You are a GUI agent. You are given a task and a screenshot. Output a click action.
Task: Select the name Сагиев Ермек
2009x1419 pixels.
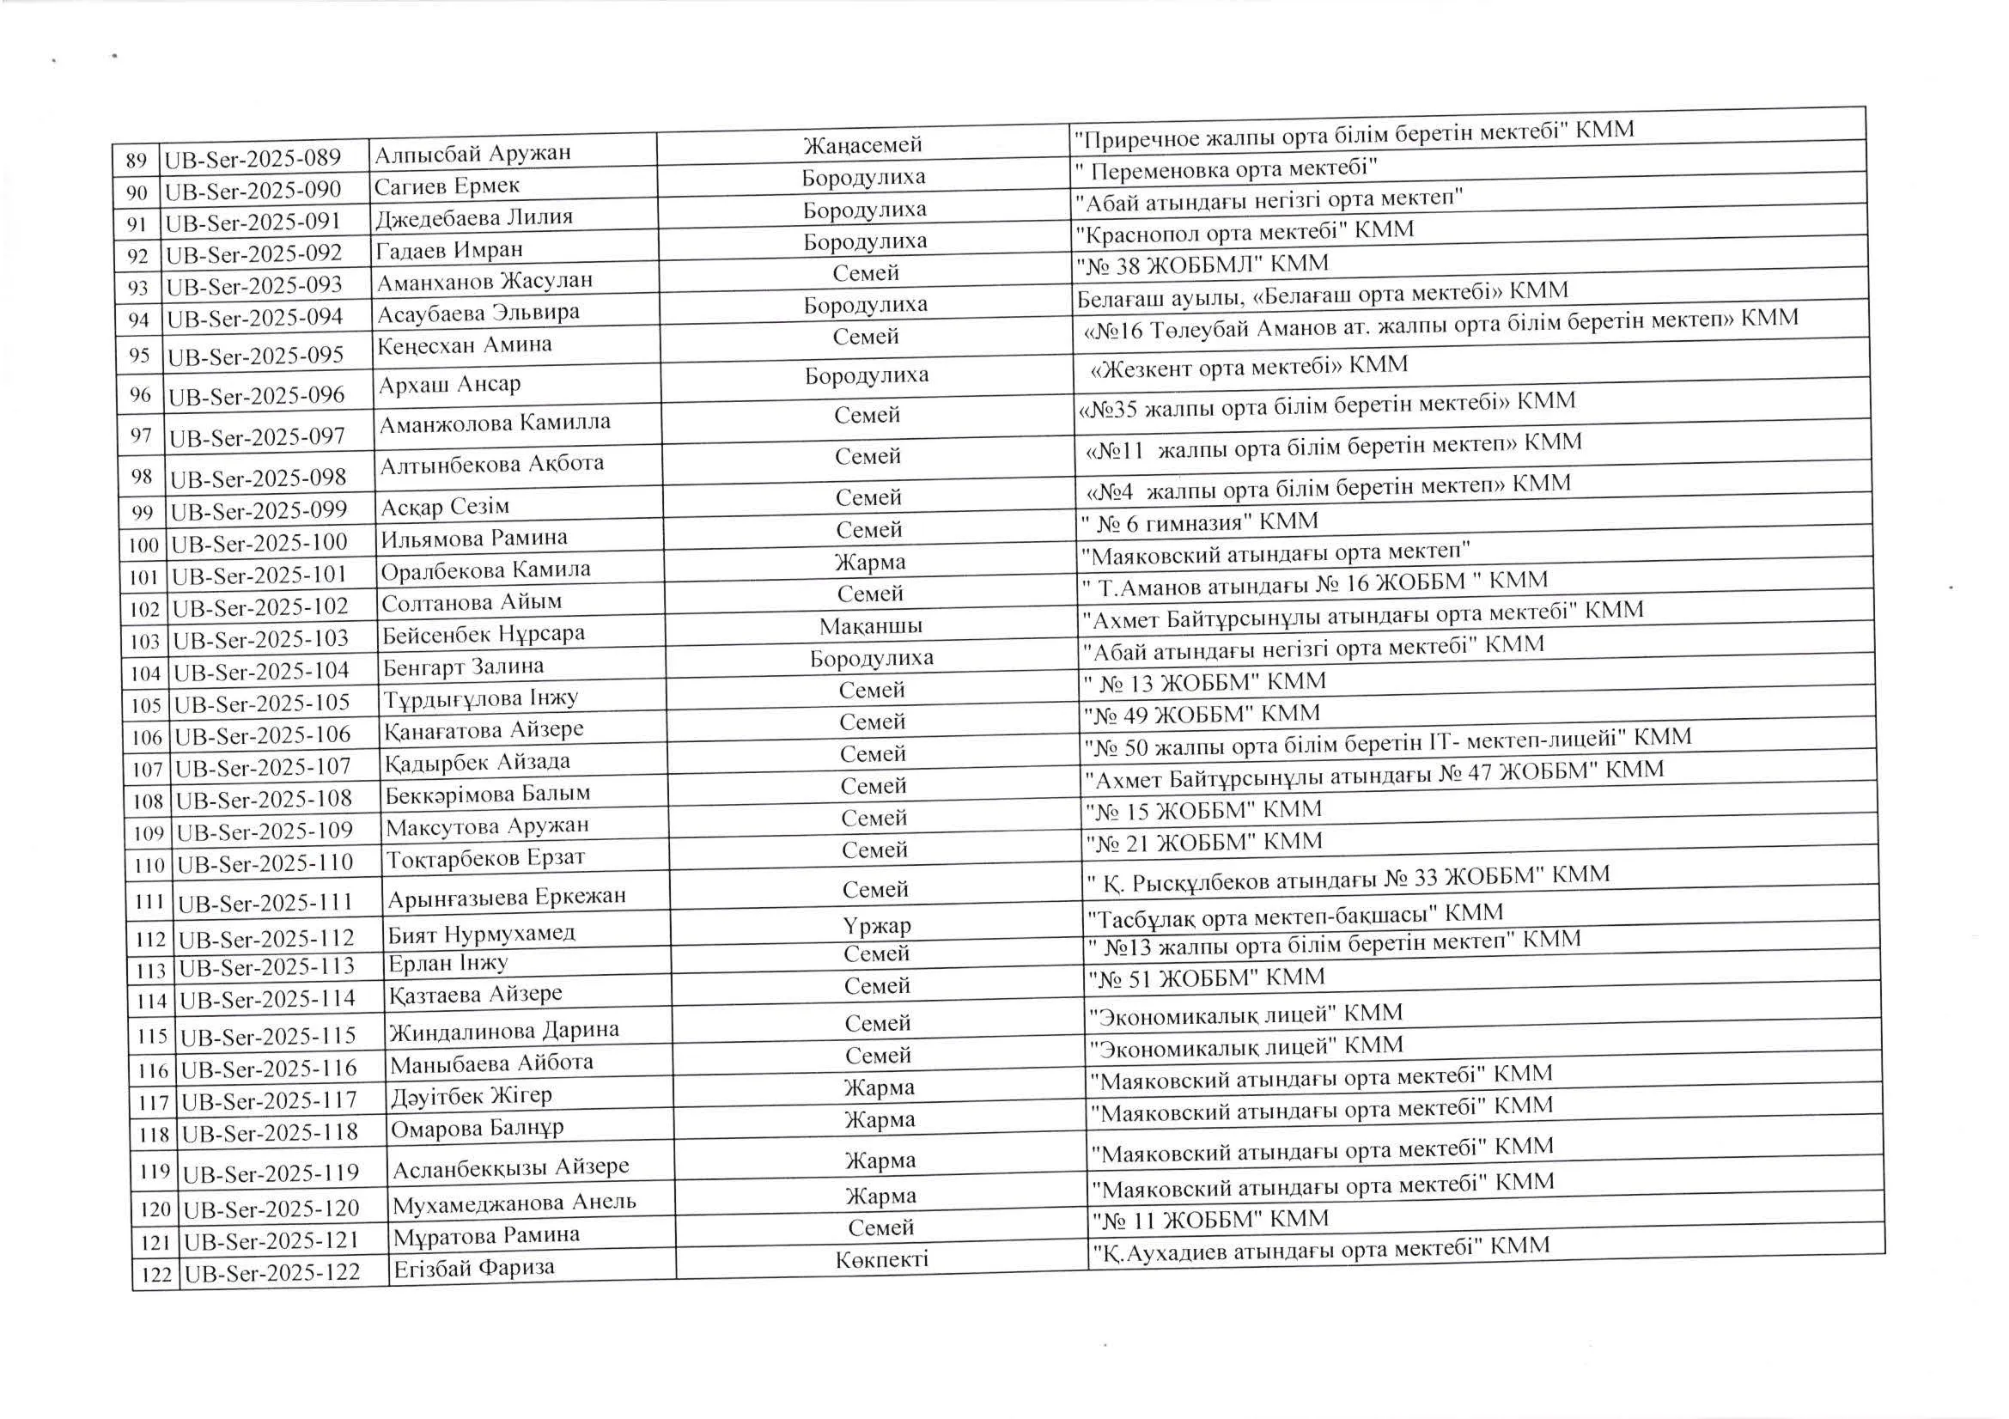click(447, 186)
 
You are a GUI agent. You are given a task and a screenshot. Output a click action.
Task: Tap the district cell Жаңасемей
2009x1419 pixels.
click(862, 144)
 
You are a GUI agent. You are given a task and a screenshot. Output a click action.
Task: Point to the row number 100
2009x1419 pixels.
click(143, 545)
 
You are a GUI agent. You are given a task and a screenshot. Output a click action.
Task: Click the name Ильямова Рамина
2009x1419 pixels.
click(473, 537)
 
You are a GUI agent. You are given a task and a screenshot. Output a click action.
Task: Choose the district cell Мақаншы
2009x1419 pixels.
click(871, 625)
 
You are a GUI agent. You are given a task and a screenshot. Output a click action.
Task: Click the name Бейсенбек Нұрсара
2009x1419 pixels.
click(483, 633)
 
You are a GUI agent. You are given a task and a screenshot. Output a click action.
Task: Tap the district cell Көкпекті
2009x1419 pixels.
click(881, 1259)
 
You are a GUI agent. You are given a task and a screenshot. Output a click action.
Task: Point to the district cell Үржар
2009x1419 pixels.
click(877, 925)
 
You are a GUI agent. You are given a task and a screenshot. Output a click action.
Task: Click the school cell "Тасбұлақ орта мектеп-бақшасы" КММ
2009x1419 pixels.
click(1295, 914)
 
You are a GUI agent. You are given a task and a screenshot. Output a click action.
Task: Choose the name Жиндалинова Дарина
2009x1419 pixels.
click(503, 1030)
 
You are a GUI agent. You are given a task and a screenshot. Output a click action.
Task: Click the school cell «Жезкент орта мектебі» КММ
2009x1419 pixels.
click(1249, 366)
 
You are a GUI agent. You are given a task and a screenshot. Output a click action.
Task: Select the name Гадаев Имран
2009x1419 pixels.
click(449, 250)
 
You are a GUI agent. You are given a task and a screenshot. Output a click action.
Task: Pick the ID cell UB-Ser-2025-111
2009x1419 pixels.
click(265, 902)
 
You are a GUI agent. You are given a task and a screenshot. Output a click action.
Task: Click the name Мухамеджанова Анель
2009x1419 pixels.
click(514, 1203)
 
